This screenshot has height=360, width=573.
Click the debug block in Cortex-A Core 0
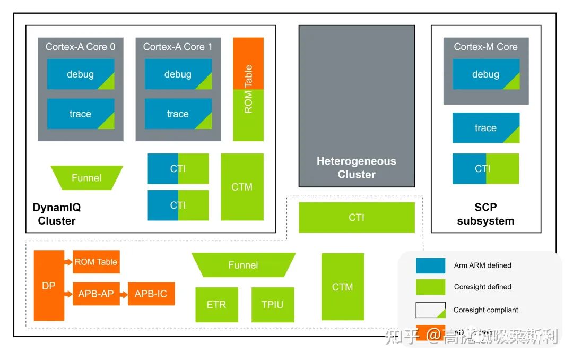[81, 74]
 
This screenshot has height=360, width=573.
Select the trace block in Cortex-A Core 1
[178, 114]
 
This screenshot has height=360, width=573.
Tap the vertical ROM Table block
[248, 89]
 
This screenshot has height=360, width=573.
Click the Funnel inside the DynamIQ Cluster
[86, 178]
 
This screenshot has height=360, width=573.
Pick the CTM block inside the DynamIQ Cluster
[242, 187]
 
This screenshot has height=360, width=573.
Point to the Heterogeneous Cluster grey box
[357, 106]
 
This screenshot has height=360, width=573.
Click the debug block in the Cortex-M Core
[485, 74]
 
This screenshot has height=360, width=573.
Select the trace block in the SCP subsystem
[485, 128]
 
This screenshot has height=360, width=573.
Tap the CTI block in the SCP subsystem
[485, 169]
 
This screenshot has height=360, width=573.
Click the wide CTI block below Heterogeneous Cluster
[357, 218]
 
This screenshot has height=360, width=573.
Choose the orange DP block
[49, 286]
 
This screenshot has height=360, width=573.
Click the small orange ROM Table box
[96, 262]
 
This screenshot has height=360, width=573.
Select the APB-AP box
[96, 294]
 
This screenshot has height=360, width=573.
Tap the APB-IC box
[151, 294]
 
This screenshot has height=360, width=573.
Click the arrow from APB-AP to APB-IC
[124, 294]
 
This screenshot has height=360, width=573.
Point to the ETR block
[216, 305]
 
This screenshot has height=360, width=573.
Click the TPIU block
[273, 305]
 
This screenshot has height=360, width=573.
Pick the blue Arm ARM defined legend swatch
[430, 265]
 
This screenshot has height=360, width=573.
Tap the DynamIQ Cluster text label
[57, 214]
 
